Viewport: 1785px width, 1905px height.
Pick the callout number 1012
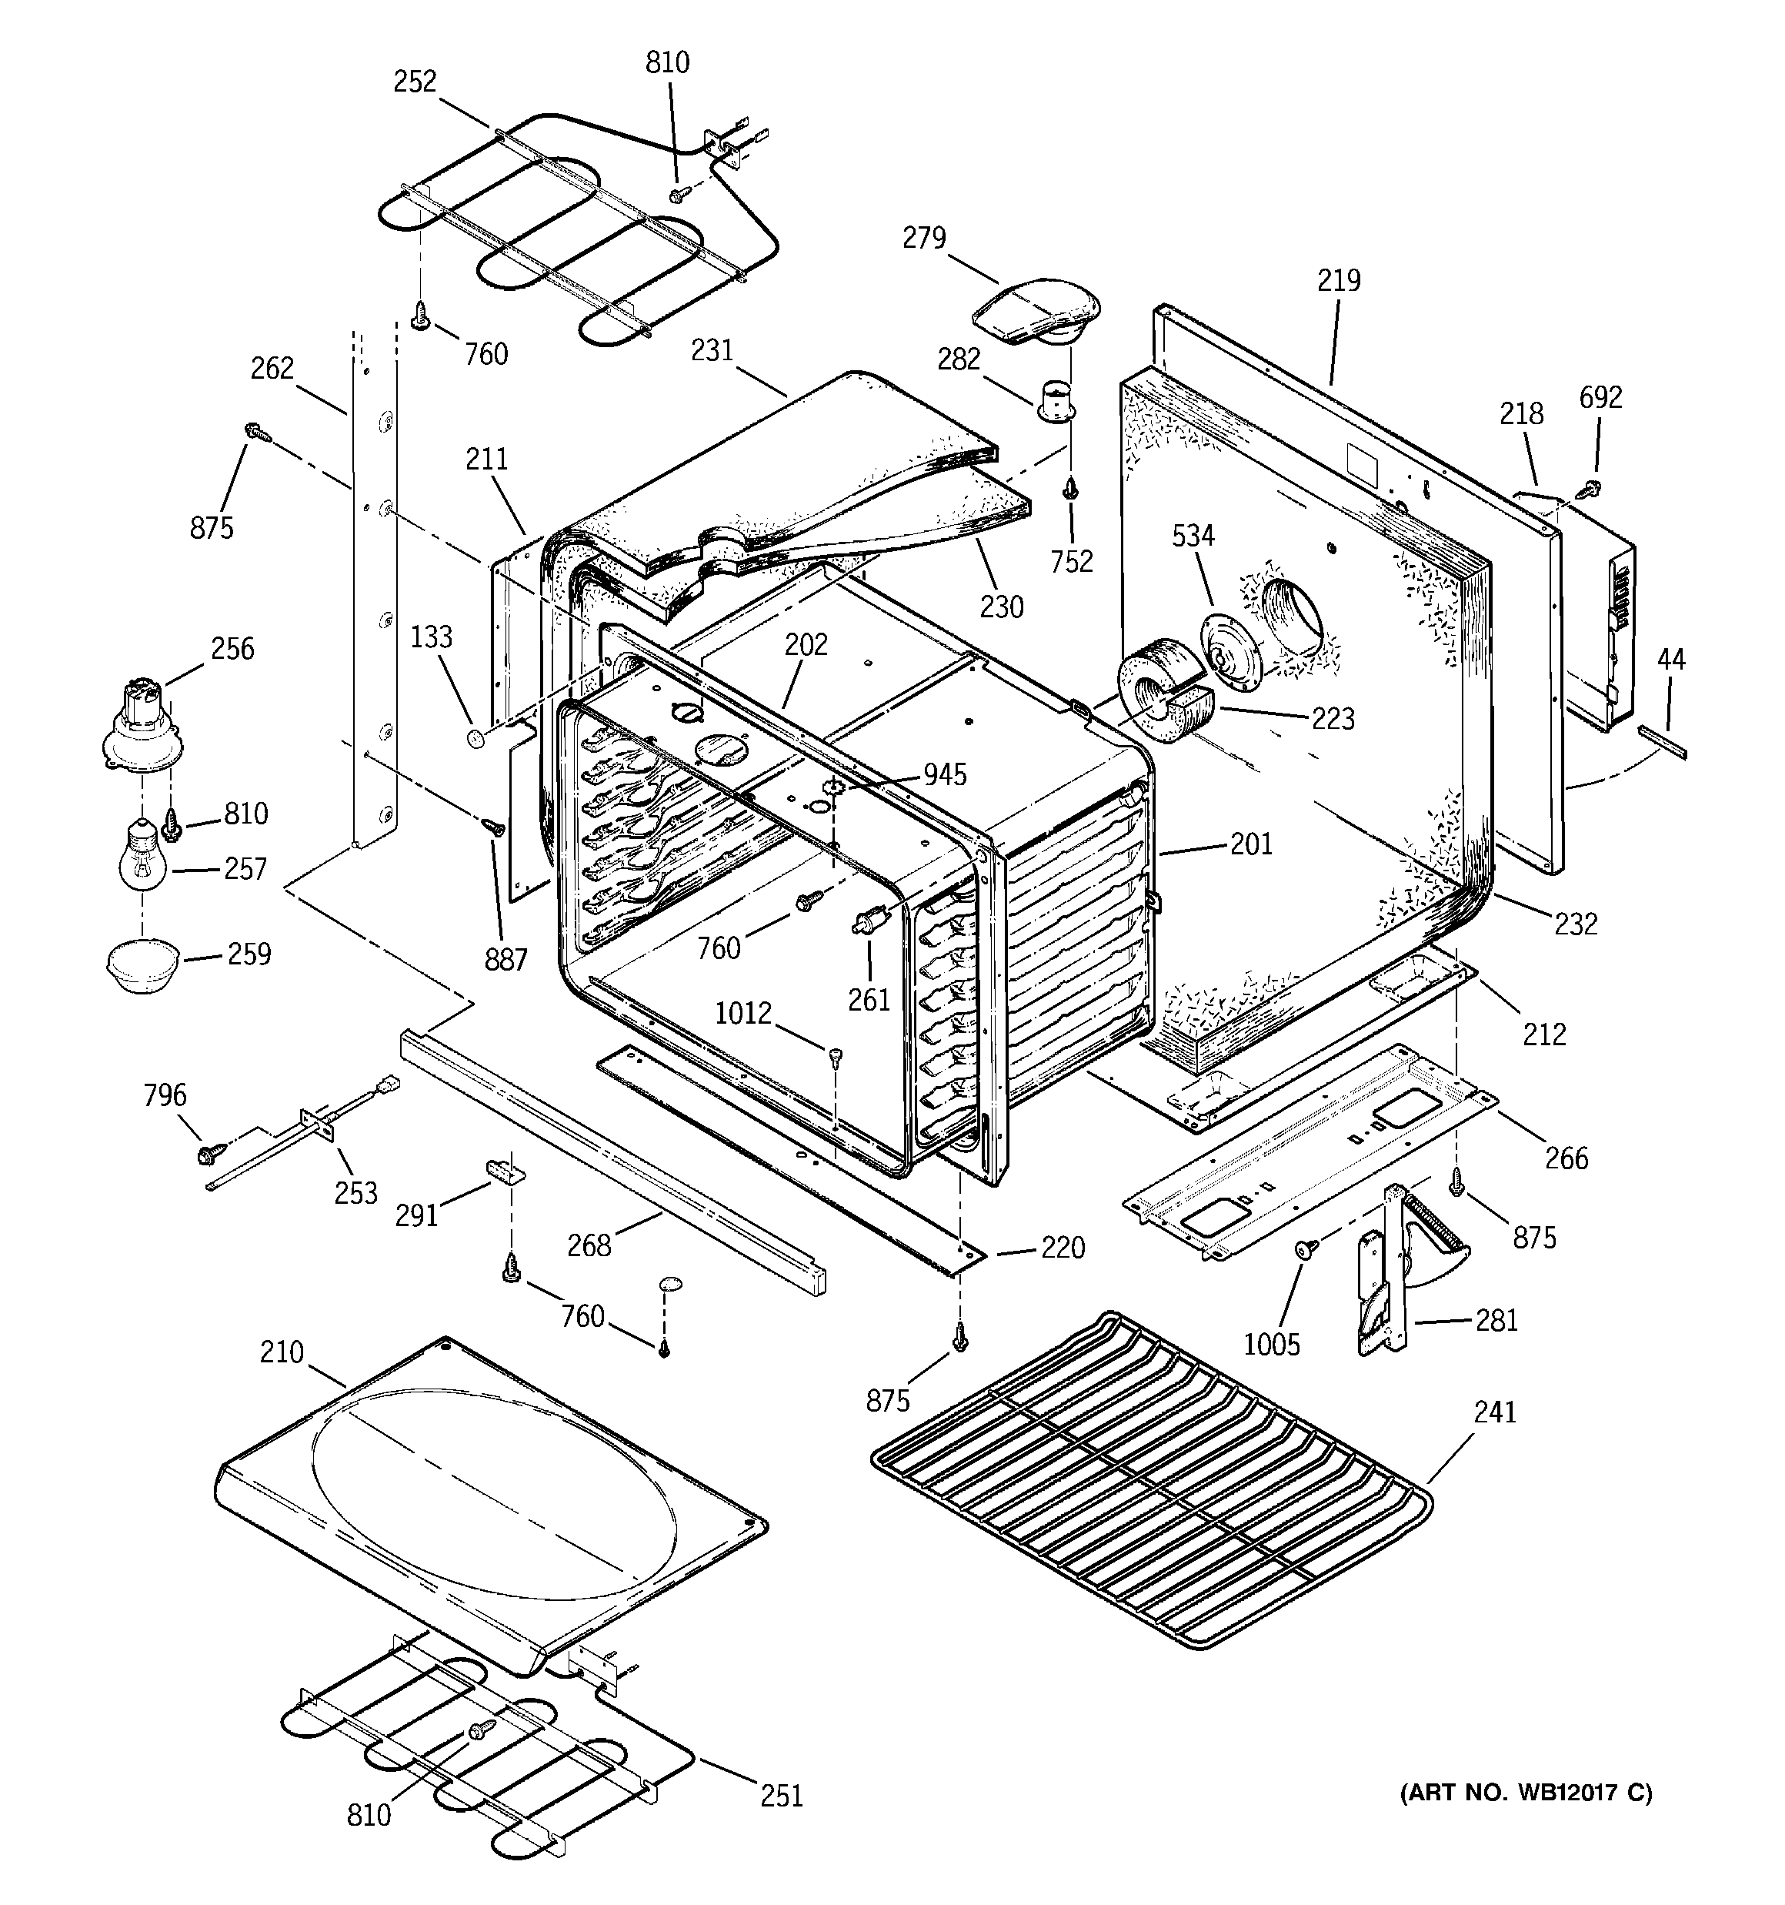742,1013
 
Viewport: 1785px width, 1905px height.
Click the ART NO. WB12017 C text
1526,1792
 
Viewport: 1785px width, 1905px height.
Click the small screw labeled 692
1590,489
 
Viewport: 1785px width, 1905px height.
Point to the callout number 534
1193,536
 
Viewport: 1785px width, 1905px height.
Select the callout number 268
589,1245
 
